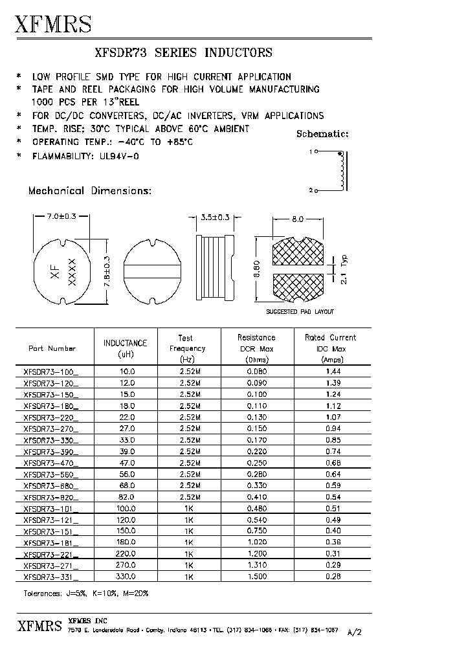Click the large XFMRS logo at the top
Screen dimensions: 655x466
click(x=53, y=24)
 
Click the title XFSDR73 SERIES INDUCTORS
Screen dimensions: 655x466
click(x=183, y=53)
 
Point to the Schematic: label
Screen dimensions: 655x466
click(x=322, y=134)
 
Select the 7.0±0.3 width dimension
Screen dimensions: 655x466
click(x=62, y=217)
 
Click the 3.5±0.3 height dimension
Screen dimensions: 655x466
click(x=212, y=218)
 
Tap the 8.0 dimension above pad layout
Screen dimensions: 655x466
click(x=297, y=219)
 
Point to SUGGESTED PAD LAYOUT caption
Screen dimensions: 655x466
click(x=300, y=312)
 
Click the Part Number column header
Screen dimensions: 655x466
click(x=52, y=348)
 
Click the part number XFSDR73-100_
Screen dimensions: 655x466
click(x=50, y=372)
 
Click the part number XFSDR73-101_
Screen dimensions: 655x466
click(x=50, y=509)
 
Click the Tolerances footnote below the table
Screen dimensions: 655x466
click(x=82, y=594)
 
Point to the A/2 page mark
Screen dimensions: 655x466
click(x=355, y=632)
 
